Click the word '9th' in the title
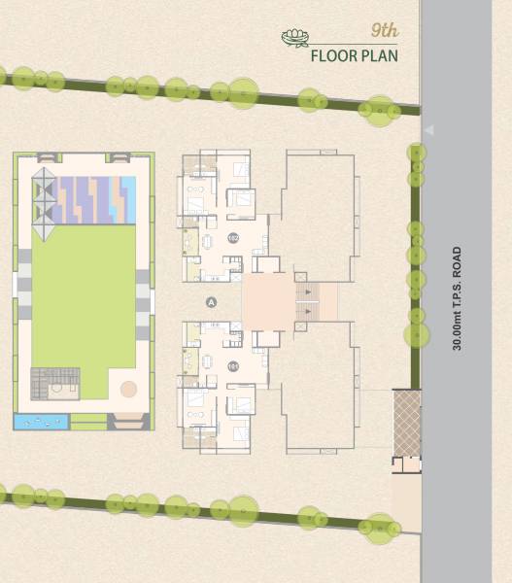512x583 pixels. tap(385, 31)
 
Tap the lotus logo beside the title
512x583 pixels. tap(294, 39)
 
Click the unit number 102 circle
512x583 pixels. tap(232, 237)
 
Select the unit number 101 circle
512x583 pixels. tap(232, 366)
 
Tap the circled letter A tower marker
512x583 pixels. tap(211, 302)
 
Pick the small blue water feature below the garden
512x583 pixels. tap(41, 422)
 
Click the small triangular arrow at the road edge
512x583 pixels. tap(427, 129)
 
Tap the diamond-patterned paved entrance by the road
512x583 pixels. tap(406, 423)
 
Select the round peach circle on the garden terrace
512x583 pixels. tap(128, 389)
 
